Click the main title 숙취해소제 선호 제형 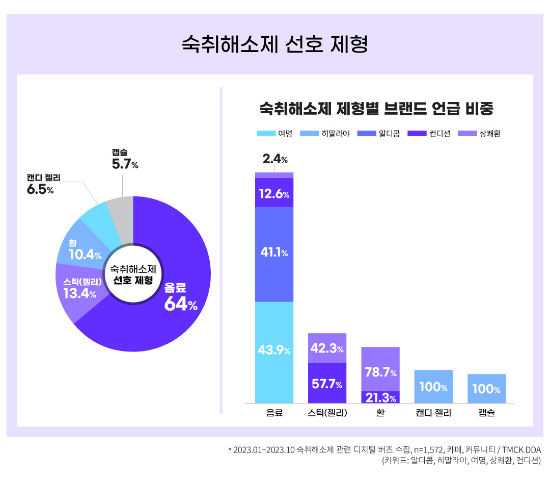(x=274, y=44)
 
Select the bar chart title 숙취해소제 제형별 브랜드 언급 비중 (x=377, y=109)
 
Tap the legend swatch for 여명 (x=265, y=134)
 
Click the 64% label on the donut (x=180, y=304)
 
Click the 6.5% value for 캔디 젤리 (x=40, y=190)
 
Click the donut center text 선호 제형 (x=133, y=281)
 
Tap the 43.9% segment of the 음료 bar (x=274, y=350)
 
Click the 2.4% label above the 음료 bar (x=275, y=159)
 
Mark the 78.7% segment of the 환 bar (x=380, y=372)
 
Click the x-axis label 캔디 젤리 (x=433, y=413)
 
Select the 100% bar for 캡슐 (x=486, y=389)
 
